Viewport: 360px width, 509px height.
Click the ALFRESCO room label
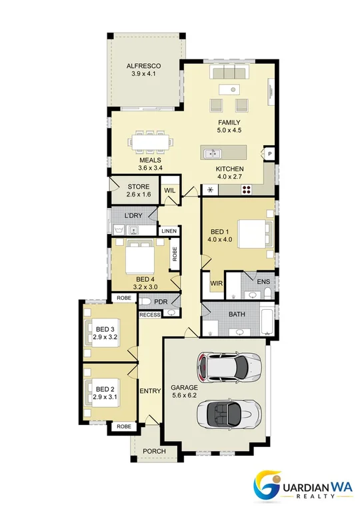click(x=143, y=66)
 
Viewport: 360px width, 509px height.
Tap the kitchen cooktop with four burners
click(x=247, y=190)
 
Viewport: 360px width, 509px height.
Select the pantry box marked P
click(x=269, y=154)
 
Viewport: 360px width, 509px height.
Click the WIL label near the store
click(x=169, y=191)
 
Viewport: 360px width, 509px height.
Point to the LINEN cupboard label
click(x=169, y=231)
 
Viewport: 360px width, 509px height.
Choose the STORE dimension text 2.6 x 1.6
click(x=139, y=195)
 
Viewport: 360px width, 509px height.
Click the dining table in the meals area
click(x=150, y=142)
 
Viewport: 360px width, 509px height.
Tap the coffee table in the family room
click(x=229, y=89)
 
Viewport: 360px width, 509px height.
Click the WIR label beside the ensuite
click(x=217, y=283)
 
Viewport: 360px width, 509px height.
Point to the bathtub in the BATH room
click(x=267, y=318)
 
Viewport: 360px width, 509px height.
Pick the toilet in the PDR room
click(x=145, y=302)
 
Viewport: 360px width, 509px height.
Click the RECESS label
click(x=150, y=314)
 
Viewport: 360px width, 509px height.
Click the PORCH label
click(x=154, y=451)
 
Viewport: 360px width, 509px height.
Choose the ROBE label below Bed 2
click(x=124, y=426)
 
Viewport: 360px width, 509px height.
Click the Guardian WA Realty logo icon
click(x=267, y=486)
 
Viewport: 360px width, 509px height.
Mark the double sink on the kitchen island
click(x=213, y=153)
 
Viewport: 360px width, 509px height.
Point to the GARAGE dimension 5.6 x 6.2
click(x=184, y=395)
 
